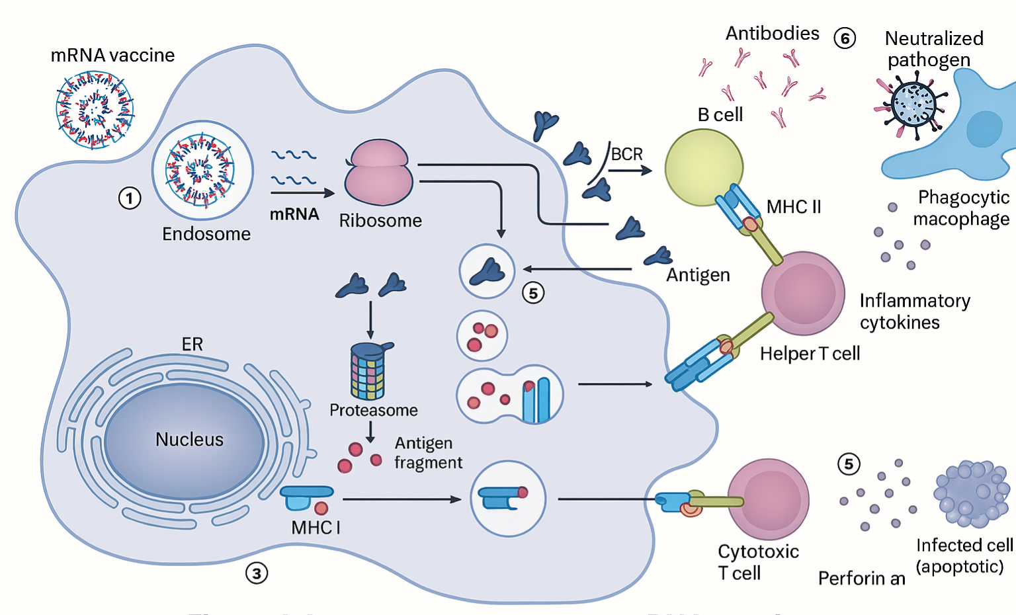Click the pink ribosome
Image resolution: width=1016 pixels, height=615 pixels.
tap(378, 173)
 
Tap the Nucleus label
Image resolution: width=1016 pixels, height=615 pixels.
tap(189, 440)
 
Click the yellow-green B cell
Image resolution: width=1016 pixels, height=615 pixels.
tap(703, 167)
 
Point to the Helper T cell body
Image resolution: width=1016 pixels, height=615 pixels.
tap(803, 293)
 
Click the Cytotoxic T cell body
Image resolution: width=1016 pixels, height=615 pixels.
tap(769, 499)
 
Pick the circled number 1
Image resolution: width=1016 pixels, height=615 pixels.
tap(130, 198)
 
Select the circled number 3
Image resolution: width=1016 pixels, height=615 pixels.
tap(257, 573)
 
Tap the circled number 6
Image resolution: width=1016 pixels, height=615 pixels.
tap(845, 38)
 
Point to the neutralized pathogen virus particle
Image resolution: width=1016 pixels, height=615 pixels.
tap(913, 104)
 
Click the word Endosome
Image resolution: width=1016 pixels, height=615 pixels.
tap(206, 234)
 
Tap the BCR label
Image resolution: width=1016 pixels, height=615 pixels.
tap(626, 154)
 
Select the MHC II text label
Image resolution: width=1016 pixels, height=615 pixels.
tap(794, 207)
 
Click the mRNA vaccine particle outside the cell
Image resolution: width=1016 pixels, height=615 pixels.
tap(95, 110)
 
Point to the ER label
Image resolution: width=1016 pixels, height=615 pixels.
tap(192, 345)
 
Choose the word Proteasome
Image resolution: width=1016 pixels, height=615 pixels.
tap(374, 411)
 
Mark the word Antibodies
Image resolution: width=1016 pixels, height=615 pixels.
tap(772, 33)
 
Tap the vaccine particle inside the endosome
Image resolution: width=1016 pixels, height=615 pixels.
tap(202, 170)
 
